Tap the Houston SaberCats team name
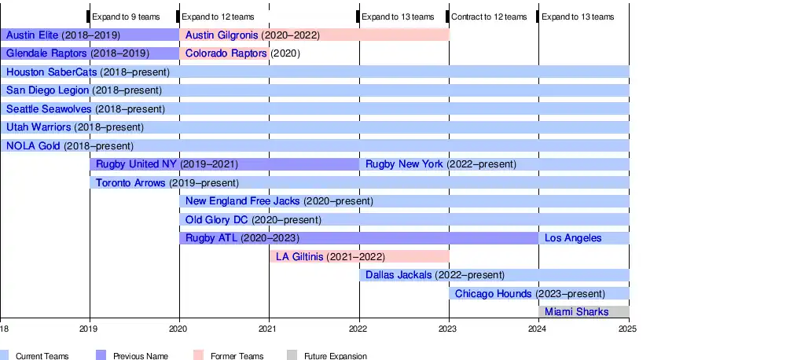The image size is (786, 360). tap(51, 72)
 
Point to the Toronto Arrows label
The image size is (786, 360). tap(130, 183)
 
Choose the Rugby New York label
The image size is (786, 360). tap(404, 164)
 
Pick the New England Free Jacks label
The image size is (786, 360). tap(243, 201)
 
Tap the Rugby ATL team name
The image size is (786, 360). tap(211, 238)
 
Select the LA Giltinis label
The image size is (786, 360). tap(299, 257)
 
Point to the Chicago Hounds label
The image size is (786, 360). tap(493, 294)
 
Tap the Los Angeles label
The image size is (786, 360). tap(573, 238)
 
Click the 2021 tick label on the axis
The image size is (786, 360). tap(269, 329)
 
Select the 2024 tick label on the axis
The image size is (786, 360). tap(538, 329)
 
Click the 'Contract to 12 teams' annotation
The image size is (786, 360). tap(489, 17)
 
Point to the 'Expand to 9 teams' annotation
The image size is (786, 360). tap(126, 17)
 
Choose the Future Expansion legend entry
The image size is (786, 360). tap(335, 356)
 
